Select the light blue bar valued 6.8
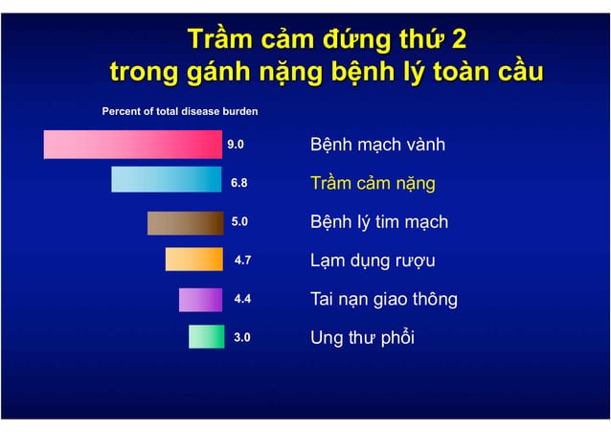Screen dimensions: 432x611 pyautogui.click(x=167, y=179)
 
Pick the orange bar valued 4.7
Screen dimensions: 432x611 pyautogui.click(x=193, y=260)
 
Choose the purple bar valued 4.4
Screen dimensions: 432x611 pyautogui.click(x=200, y=299)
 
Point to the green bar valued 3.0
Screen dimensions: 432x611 pyautogui.click(x=206, y=337)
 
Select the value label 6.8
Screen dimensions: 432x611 pyautogui.click(x=239, y=182)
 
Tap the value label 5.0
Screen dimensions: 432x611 pyautogui.click(x=239, y=221)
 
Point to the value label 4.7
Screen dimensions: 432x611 pyautogui.click(x=243, y=260)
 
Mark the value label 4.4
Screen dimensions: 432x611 pyautogui.click(x=243, y=299)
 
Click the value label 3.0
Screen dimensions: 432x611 pyautogui.click(x=243, y=337)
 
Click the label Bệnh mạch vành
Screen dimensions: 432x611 pyautogui.click(x=377, y=146)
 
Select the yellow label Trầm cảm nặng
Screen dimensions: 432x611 pyautogui.click(x=373, y=184)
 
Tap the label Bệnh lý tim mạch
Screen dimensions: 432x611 pyautogui.click(x=379, y=222)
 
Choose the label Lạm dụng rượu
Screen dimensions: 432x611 pyautogui.click(x=370, y=261)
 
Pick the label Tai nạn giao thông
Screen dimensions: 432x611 pyautogui.click(x=384, y=299)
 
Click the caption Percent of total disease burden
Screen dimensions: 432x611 pyautogui.click(x=180, y=111)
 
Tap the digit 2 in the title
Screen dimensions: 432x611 pyautogui.click(x=459, y=39)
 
